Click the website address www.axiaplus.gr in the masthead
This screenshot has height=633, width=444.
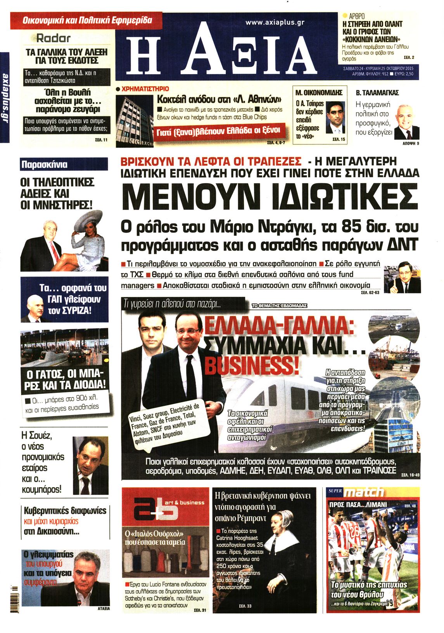275,22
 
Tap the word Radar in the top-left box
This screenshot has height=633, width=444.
54,38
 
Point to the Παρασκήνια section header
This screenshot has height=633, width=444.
44,164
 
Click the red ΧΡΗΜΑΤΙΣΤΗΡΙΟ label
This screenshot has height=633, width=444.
145,89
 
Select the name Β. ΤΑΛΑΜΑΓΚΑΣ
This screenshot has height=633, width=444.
377,93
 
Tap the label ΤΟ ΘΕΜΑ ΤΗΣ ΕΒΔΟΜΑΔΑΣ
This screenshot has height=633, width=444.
279,306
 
